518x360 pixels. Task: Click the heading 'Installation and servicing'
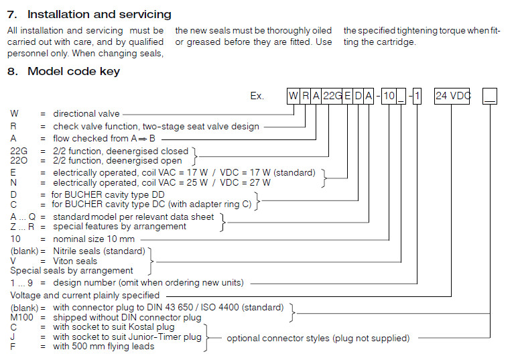coord(99,14)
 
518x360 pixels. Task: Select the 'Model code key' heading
coord(74,72)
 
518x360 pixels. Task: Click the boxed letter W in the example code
coord(293,96)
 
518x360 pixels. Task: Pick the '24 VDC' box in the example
coord(452,96)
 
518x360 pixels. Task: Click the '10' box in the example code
coord(389,96)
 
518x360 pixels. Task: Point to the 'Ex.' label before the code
coord(258,96)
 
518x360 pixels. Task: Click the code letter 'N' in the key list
coord(13,182)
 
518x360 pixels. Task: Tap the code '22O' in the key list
coord(18,161)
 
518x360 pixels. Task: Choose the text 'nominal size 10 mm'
coord(94,239)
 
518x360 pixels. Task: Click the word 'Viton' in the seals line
coord(66,261)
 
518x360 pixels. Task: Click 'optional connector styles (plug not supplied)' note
coord(318,338)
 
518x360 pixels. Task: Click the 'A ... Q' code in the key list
coord(23,217)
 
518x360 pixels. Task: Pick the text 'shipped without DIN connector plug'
coord(127,318)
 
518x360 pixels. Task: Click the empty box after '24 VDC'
coord(491,96)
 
